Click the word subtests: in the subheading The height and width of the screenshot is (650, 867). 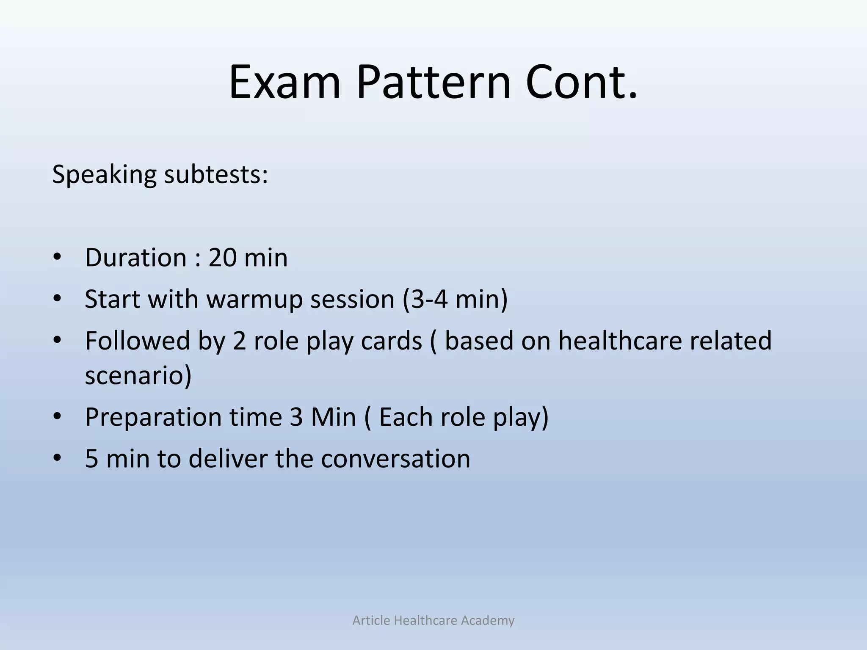click(x=216, y=174)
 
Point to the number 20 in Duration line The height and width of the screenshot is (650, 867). click(x=222, y=257)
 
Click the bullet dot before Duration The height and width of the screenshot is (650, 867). click(x=58, y=257)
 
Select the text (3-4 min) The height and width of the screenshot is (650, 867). click(x=455, y=299)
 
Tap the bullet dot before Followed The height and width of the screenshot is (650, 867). click(x=58, y=340)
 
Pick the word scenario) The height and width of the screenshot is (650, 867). click(x=138, y=375)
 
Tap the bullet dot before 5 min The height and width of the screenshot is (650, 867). click(x=58, y=458)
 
